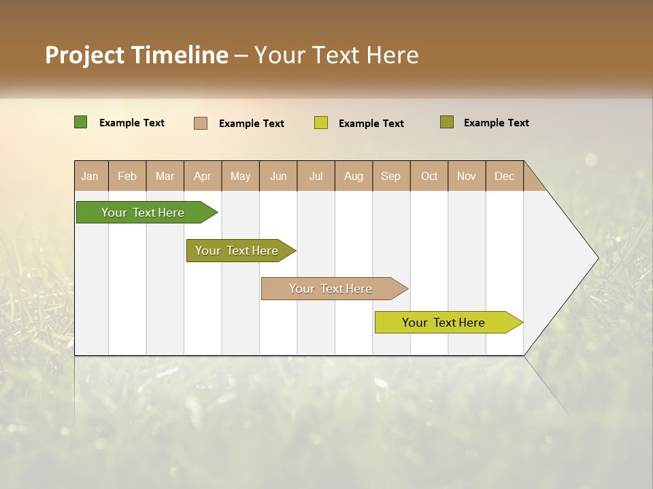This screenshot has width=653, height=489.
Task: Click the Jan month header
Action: coord(90,176)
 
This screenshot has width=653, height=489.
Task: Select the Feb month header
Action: coord(127,176)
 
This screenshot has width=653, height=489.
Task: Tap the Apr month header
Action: coord(203,176)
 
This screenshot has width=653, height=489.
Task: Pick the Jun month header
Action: coord(278,176)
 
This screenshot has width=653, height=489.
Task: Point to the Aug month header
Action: coord(354,176)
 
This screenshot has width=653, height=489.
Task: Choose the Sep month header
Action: coord(391,176)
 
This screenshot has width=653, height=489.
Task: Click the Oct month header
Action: coord(429,176)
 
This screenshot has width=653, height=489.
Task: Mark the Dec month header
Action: coord(505,176)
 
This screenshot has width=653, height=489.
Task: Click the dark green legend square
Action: coord(81,122)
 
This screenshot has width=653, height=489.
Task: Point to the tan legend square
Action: coord(201,123)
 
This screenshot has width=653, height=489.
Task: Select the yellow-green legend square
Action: coord(321,123)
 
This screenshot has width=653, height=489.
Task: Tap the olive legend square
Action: coord(446,122)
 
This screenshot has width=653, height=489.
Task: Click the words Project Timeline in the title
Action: coord(137,55)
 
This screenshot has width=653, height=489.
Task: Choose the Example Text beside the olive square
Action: coord(496,123)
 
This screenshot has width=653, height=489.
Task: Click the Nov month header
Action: coord(467,176)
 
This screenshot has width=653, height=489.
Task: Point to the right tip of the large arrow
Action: coord(597,258)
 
